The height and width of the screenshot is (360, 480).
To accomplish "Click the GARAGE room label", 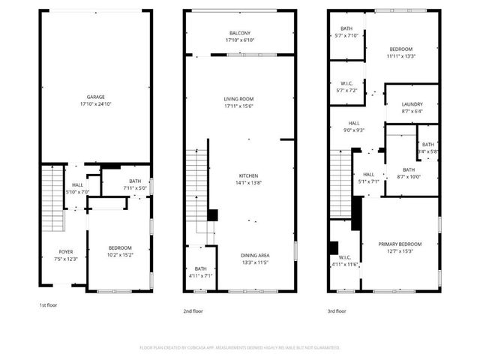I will point(95,97).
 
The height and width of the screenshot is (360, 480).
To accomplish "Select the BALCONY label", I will point(239,33).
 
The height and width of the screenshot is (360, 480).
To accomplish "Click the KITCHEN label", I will point(248,175).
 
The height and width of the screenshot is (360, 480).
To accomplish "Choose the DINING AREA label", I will point(256,255).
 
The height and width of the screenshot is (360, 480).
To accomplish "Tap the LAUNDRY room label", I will point(412,104).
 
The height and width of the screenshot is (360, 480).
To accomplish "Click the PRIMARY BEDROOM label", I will point(399,244).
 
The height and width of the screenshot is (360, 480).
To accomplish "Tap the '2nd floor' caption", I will point(193,310).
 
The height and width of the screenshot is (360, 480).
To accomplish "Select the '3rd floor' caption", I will point(337,310).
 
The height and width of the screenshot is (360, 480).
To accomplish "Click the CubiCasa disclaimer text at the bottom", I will point(240,348).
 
